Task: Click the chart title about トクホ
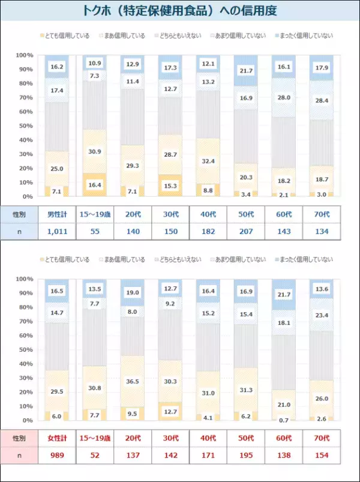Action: click(x=180, y=11)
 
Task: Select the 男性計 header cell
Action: click(x=57, y=214)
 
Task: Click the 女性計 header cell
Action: click(x=57, y=438)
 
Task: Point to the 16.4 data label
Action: click(x=94, y=185)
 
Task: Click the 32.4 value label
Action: click(x=207, y=161)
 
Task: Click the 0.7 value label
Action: click(x=283, y=420)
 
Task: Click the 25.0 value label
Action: click(x=57, y=169)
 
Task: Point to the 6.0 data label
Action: click(x=57, y=416)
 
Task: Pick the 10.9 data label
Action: click(x=94, y=63)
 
